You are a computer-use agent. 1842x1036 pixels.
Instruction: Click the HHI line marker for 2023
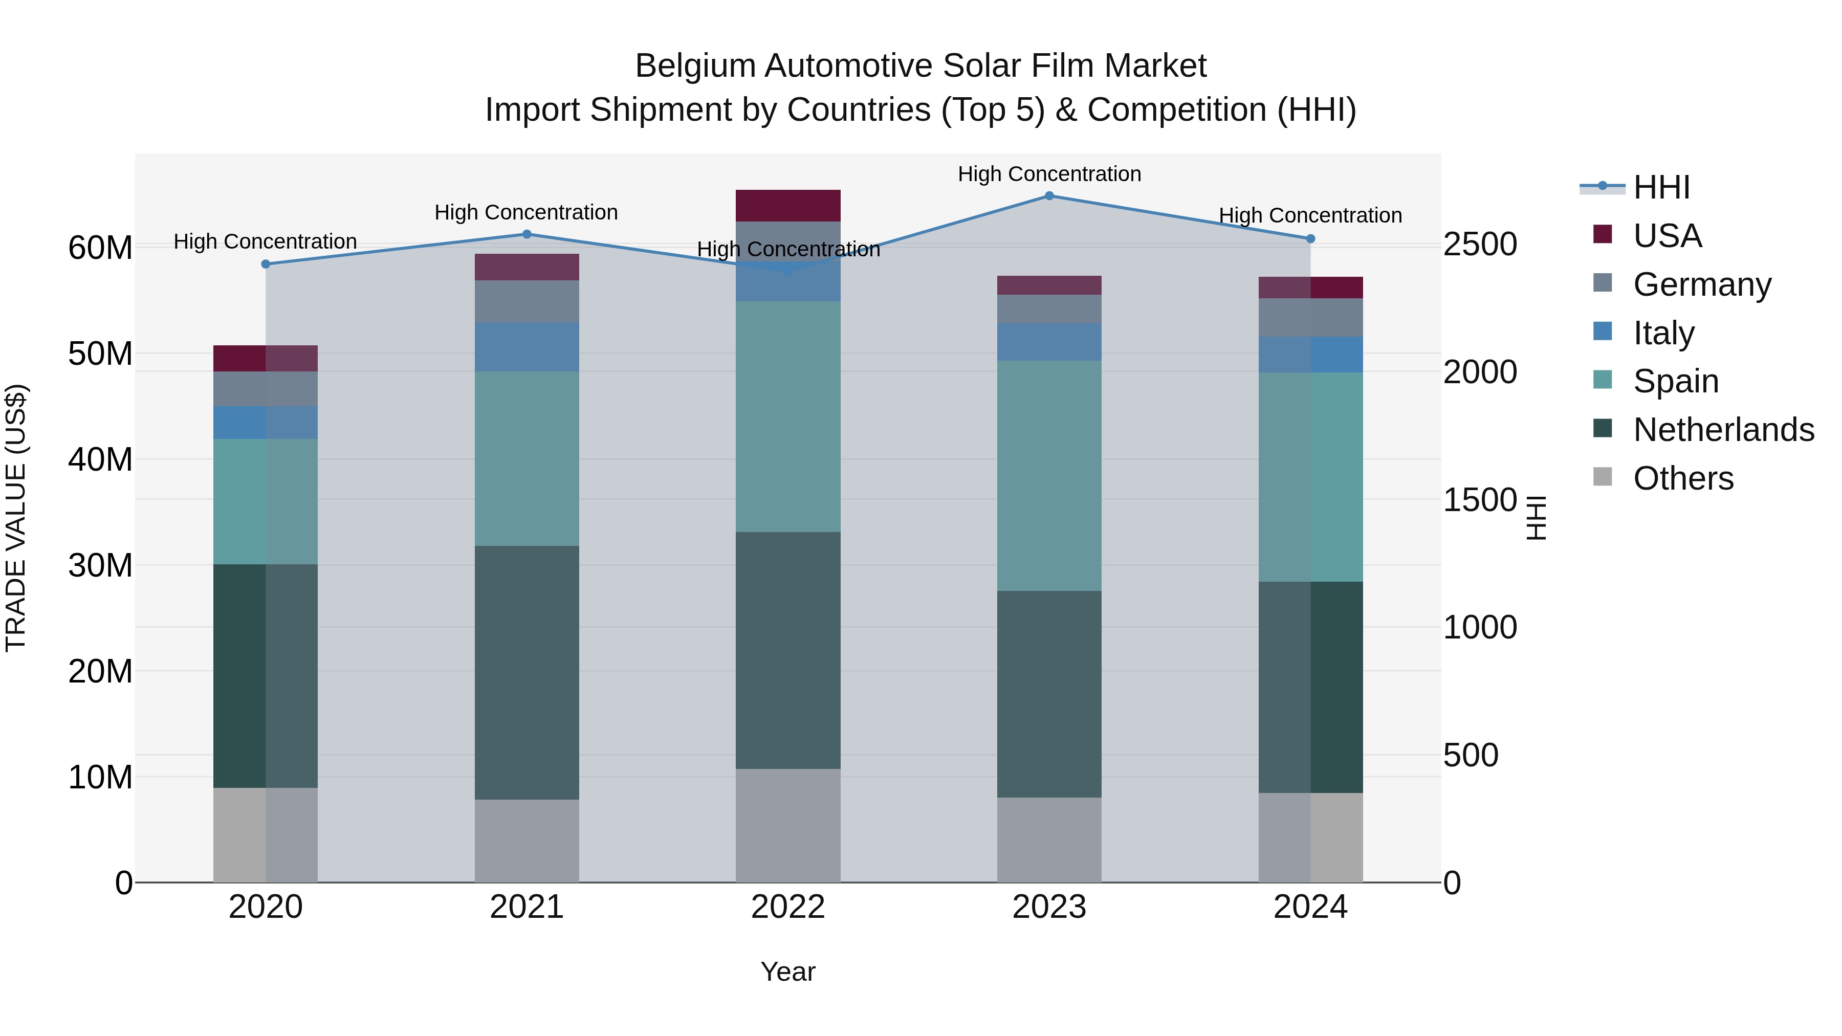click(1049, 196)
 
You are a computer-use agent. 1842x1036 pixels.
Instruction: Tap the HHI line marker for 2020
click(266, 264)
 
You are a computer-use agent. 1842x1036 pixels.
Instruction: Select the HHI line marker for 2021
click(527, 234)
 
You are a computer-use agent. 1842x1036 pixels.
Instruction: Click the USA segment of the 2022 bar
click(788, 206)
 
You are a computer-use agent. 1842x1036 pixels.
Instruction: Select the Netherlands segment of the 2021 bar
click(527, 672)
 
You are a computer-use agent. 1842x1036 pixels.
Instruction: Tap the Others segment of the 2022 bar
click(788, 825)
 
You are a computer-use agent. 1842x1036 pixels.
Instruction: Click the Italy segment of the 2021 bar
click(527, 347)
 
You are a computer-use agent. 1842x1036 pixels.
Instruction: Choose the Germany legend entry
click(1702, 284)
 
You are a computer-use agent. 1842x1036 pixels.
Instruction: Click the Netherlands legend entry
click(1723, 430)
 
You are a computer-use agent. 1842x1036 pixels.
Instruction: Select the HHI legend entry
click(1661, 187)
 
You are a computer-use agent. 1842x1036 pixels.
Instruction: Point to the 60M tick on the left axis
click(100, 248)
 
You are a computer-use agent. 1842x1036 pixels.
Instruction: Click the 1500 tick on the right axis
click(1479, 500)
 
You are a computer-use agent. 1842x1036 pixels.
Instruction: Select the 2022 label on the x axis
click(788, 907)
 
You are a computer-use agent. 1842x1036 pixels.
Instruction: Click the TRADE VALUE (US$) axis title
click(16, 518)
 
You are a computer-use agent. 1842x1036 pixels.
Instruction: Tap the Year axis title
click(788, 972)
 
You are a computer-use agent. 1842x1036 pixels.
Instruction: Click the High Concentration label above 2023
click(1049, 174)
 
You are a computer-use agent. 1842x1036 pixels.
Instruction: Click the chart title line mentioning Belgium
click(920, 66)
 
